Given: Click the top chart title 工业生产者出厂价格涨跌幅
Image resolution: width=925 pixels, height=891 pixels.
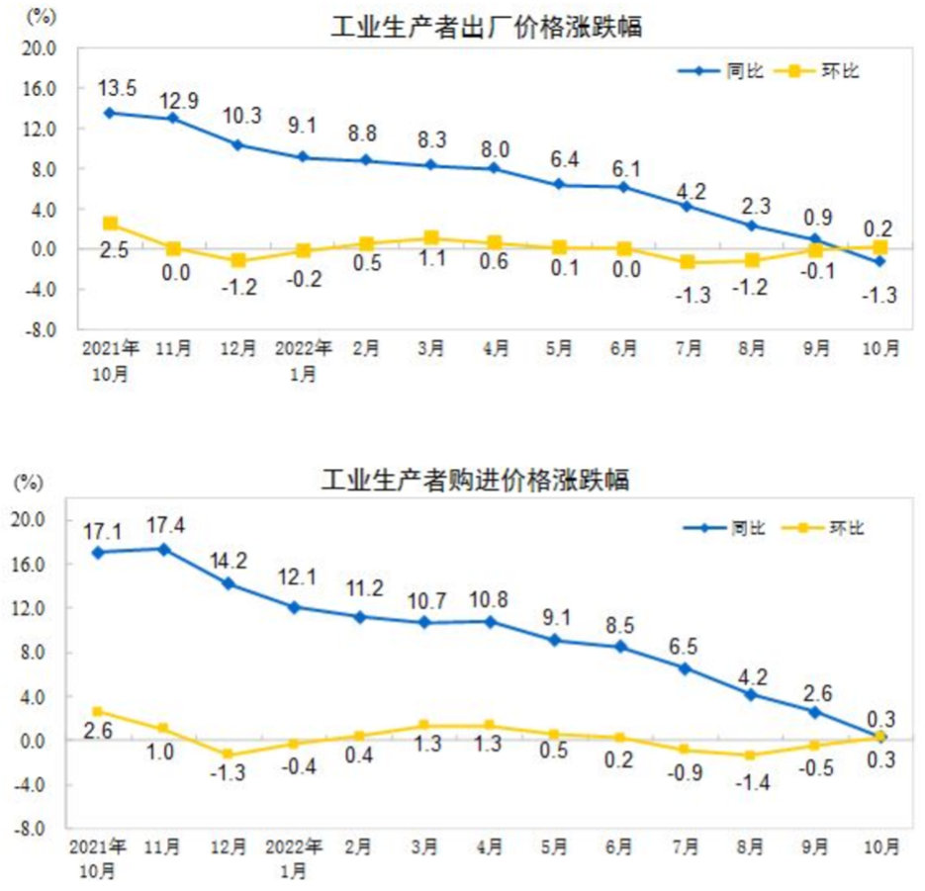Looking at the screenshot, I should (x=486, y=27).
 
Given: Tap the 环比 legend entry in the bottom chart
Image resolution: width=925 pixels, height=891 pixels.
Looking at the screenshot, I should (x=823, y=528).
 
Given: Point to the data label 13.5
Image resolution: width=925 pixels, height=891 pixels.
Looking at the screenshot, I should (x=117, y=89).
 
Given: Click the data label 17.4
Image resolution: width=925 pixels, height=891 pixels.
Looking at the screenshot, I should (x=164, y=524).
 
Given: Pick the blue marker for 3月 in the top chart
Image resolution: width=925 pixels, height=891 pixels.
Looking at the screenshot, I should (x=430, y=165).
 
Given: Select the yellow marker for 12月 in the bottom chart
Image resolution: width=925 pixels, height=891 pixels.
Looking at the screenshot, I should (x=229, y=755).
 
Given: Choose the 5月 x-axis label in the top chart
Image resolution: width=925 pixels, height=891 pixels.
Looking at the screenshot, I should (x=559, y=349).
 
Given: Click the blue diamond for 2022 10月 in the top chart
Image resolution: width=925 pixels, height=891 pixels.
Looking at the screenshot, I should (x=879, y=261).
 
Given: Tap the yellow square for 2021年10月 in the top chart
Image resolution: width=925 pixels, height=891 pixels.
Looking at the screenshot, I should (x=110, y=224).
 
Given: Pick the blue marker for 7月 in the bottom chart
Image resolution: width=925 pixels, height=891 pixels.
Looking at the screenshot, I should (x=685, y=668).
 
